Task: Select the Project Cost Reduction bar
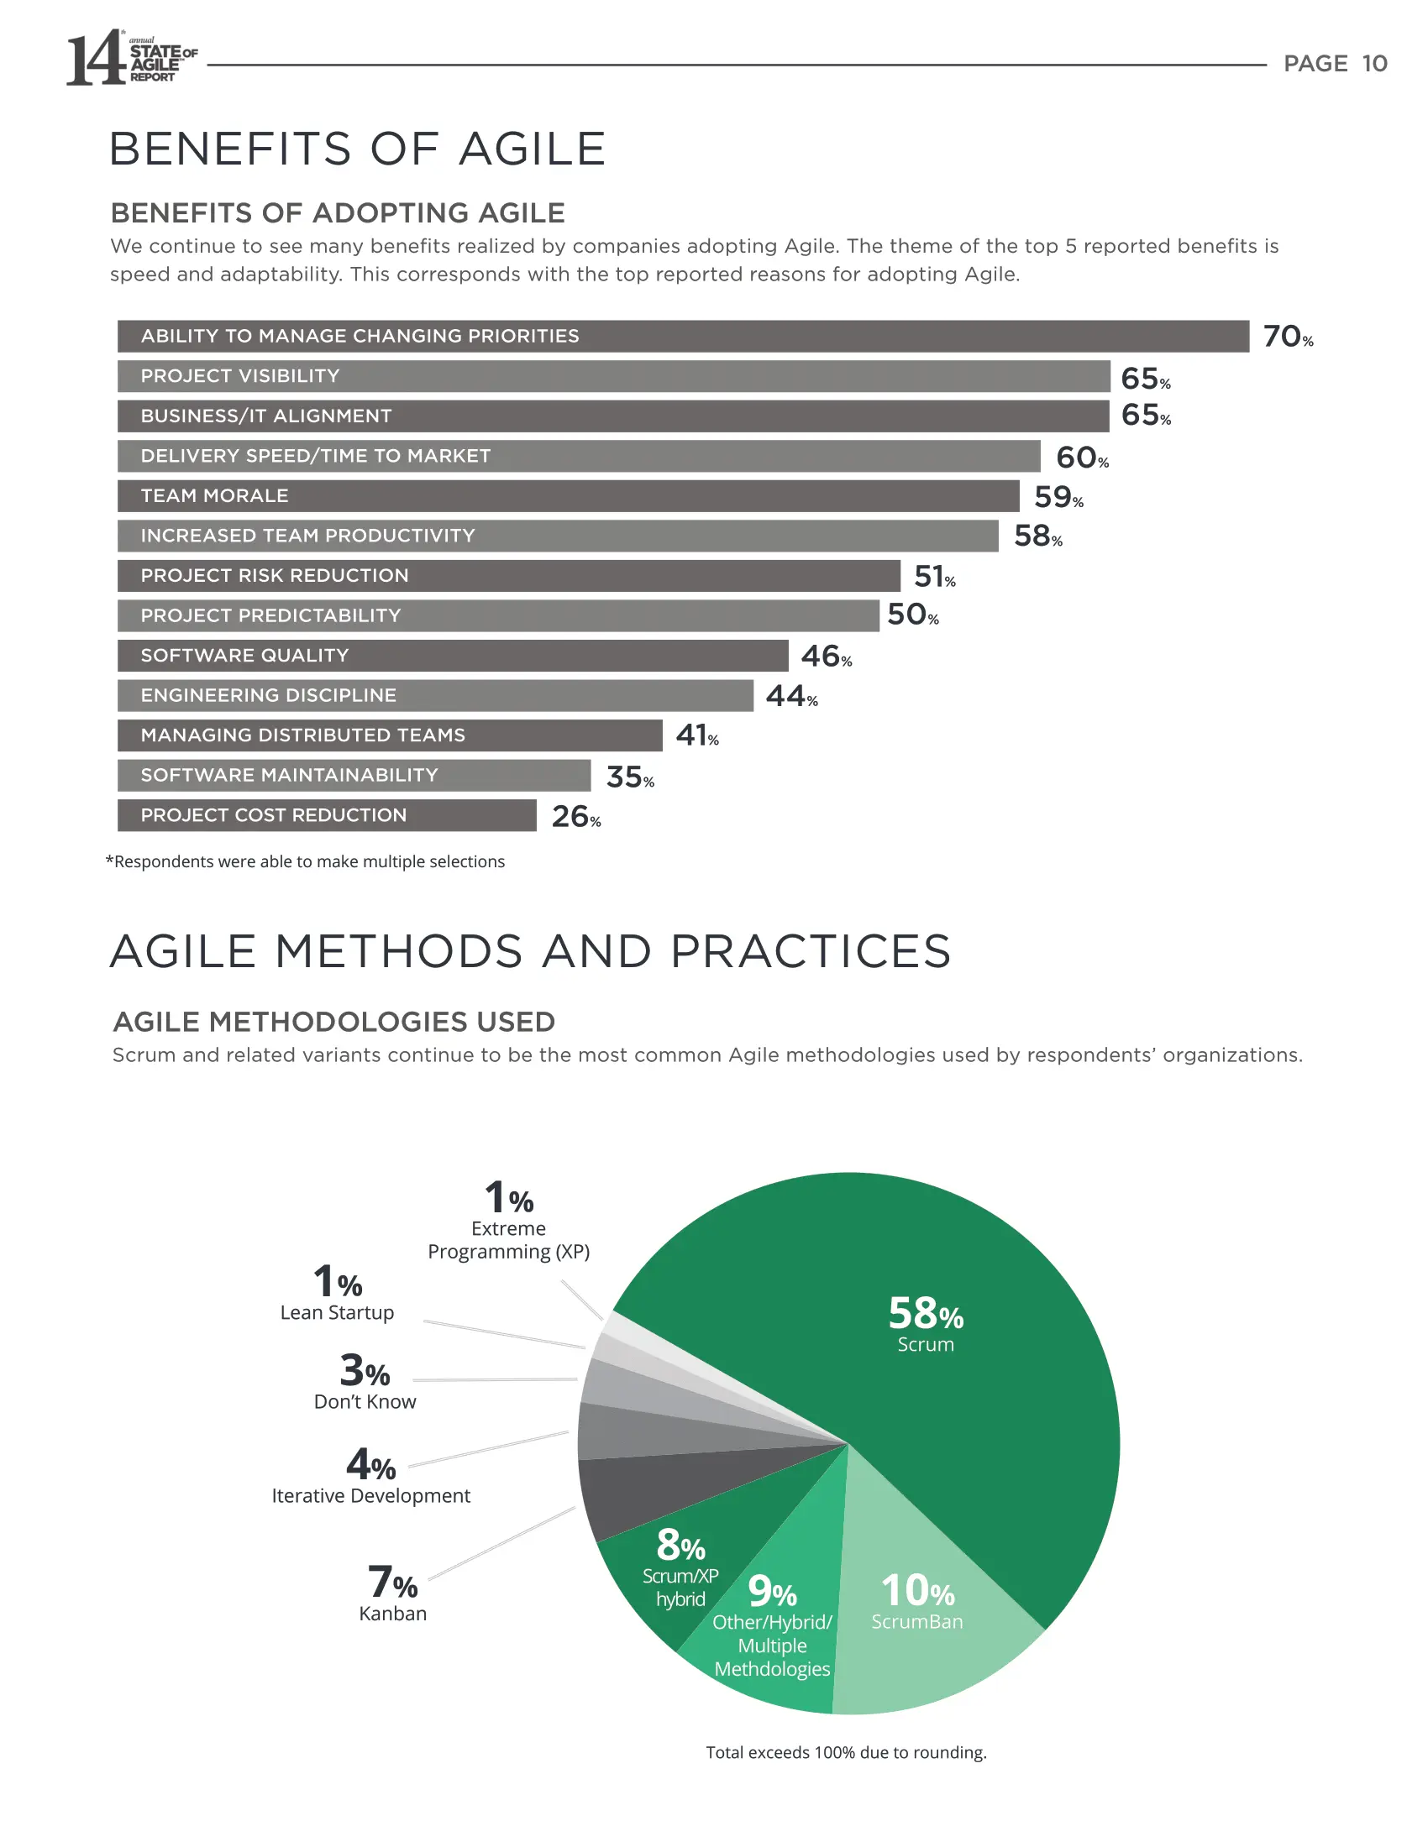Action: [x=326, y=815]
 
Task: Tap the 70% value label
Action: [x=1287, y=337]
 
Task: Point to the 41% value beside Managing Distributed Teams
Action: [x=696, y=735]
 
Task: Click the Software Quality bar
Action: [x=452, y=656]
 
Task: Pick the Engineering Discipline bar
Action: [x=434, y=695]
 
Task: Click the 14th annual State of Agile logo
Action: [x=131, y=60]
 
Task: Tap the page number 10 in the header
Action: [x=1374, y=64]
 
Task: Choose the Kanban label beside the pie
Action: [x=392, y=1614]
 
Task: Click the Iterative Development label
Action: [x=370, y=1496]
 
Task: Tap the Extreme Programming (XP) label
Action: [x=508, y=1240]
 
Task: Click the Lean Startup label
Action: [x=337, y=1312]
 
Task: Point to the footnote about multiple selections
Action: [x=306, y=861]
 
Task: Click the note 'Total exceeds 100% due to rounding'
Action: [x=846, y=1752]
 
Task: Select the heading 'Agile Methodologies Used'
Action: [x=334, y=1022]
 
